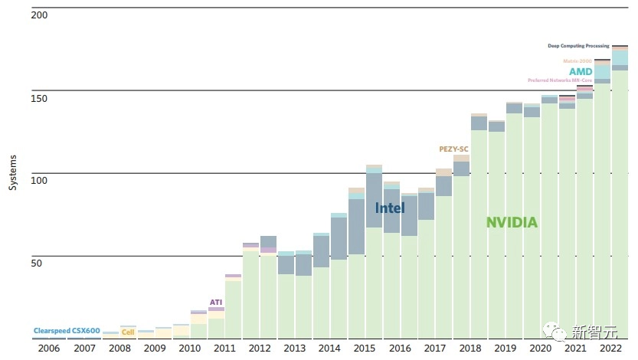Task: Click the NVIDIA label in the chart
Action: (x=512, y=223)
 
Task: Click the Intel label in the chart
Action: (x=390, y=208)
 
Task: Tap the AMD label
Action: (x=581, y=72)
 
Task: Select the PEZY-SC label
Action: (x=453, y=149)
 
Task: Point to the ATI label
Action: (x=216, y=302)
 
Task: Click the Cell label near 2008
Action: (x=128, y=332)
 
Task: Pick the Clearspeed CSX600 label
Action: (x=67, y=331)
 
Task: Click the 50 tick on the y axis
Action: (x=37, y=263)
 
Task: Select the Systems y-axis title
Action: (x=13, y=173)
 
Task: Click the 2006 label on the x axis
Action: (x=49, y=349)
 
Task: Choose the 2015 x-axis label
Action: (x=364, y=349)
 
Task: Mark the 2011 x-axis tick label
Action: (x=224, y=349)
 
